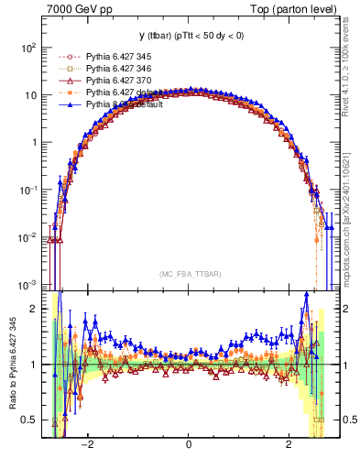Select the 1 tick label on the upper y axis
tap(34, 142)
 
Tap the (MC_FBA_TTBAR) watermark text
tap(188, 274)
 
